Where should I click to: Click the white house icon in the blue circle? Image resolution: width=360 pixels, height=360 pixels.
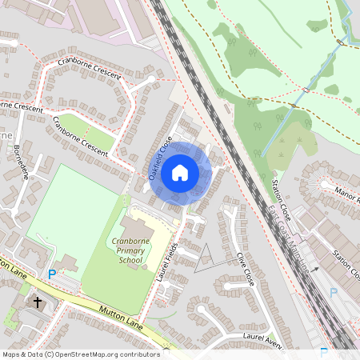pos(180,172)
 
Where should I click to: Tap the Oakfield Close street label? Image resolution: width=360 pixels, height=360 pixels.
pos(160,158)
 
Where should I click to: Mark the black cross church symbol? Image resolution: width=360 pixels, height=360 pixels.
pos(37,302)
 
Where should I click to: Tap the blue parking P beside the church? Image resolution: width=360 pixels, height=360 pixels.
pos(52,274)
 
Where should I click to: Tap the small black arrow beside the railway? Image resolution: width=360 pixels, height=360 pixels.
pos(315,270)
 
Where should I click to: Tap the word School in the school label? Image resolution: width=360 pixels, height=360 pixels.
pos(130,260)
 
